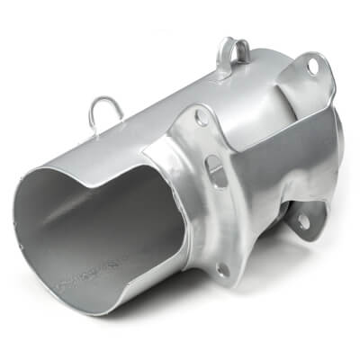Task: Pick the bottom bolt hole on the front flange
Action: pos(221,267)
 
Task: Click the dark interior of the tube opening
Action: pos(99,234)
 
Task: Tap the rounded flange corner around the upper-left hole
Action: pos(194,112)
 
